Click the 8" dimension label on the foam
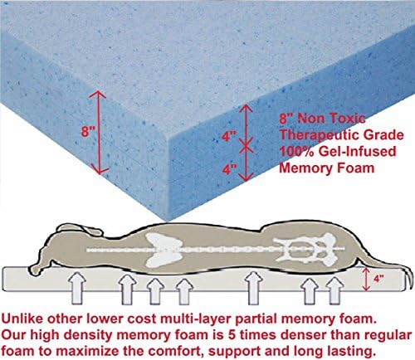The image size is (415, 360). [x=88, y=131]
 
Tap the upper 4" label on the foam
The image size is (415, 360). [x=229, y=136]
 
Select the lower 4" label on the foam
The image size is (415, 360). [x=229, y=169]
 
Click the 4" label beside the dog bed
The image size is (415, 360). [x=378, y=279]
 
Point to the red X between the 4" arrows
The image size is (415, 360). [x=246, y=147]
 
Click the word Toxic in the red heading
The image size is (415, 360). [x=348, y=119]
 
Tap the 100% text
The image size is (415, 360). [x=296, y=152]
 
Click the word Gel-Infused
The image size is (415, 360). [x=357, y=152]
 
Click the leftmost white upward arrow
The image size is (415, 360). [x=77, y=289]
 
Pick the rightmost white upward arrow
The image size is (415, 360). [x=335, y=291]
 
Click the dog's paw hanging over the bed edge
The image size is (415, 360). [x=36, y=269]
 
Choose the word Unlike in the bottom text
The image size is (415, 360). [x=22, y=319]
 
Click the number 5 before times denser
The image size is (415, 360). [x=232, y=335]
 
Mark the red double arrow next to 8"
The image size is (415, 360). [x=99, y=132]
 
